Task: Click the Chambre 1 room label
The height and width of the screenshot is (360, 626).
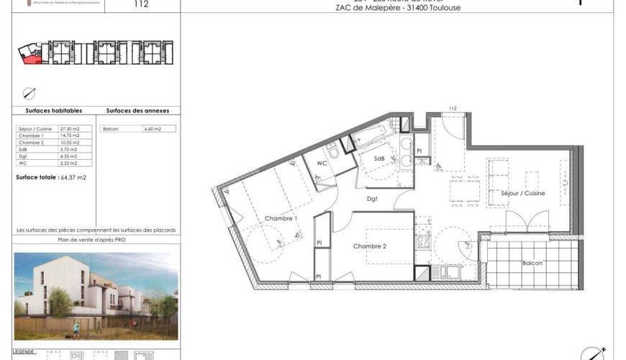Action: pyautogui.click(x=280, y=218)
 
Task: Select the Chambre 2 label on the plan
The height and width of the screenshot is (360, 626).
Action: pyautogui.click(x=370, y=246)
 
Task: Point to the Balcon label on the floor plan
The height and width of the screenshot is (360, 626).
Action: pyautogui.click(x=532, y=263)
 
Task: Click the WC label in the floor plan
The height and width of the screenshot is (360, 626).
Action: pyautogui.click(x=323, y=164)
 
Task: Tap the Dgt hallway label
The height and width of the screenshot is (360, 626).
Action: pyautogui.click(x=372, y=199)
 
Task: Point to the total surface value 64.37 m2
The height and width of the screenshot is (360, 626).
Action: pyautogui.click(x=72, y=177)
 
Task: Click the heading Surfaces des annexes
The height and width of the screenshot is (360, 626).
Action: pyautogui.click(x=137, y=111)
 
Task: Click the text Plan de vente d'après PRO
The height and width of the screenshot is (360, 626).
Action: pyautogui.click(x=96, y=239)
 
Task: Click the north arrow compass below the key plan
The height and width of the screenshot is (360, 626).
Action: pyautogui.click(x=29, y=92)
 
